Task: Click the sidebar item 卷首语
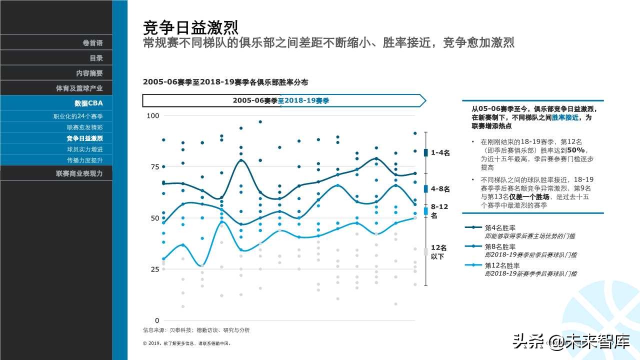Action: pos(92,43)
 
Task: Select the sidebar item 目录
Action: pos(96,58)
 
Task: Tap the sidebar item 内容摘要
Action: pos(89,73)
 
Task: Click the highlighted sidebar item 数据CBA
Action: pos(88,103)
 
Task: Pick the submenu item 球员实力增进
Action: pos(85,149)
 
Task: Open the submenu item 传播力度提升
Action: pos(85,160)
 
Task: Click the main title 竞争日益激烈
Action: pos(190,26)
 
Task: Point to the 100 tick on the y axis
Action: pos(152,116)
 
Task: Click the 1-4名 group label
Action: pos(440,153)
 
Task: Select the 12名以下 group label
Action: pos(438,252)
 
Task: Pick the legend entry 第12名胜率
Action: pos(502,265)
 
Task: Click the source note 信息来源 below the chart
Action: pos(196,330)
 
